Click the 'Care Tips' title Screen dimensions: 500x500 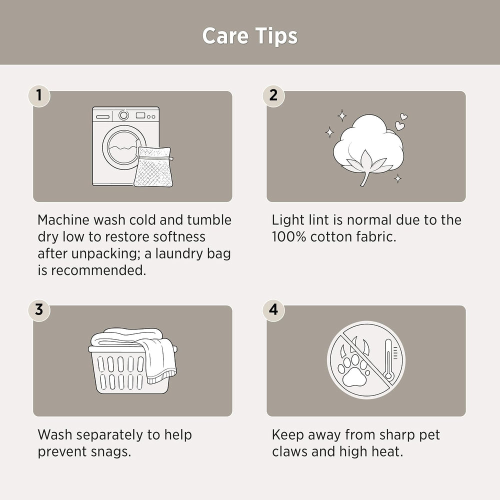click(250, 35)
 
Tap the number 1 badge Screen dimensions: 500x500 click(39, 95)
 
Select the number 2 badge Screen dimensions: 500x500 click(273, 95)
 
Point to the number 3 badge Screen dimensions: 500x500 click(39, 310)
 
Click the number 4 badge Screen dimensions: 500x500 click(273, 310)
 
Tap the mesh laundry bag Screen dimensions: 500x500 click(153, 167)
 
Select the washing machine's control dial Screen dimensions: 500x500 click(123, 115)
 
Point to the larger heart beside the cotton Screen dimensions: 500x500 click(399, 125)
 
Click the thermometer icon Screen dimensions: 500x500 click(388, 359)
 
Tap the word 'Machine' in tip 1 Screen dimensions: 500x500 click(63, 220)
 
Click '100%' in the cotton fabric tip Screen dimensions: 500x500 click(289, 237)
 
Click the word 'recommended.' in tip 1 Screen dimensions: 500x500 click(98, 270)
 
